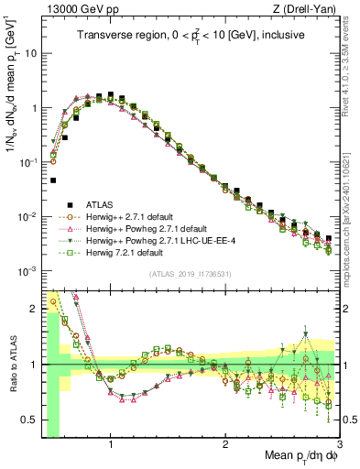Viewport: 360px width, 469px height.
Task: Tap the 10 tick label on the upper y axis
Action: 29,53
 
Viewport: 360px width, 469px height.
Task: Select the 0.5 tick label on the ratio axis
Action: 29,420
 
